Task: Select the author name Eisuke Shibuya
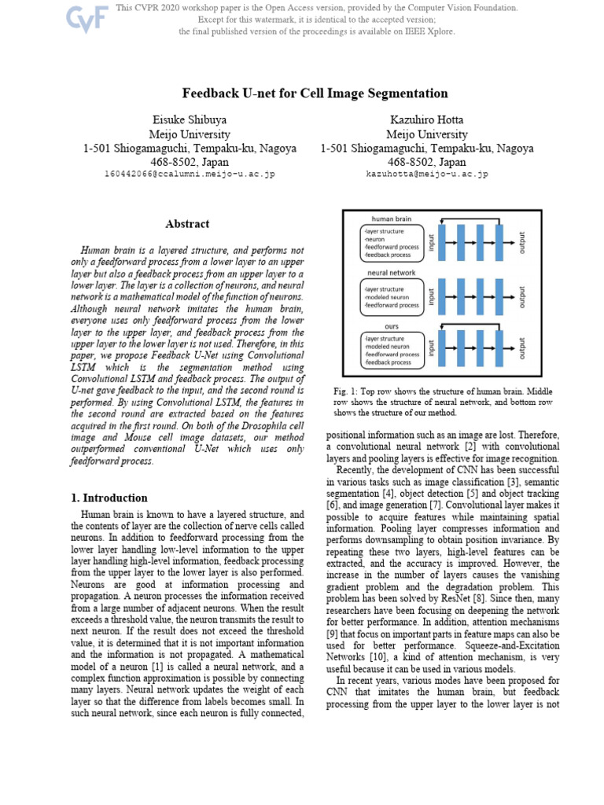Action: (190, 119)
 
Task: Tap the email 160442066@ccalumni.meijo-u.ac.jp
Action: (190, 174)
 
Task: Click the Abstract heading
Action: (187, 224)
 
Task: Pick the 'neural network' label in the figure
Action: (391, 273)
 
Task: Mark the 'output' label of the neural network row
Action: (522, 297)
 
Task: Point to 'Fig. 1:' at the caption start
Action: (347, 391)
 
